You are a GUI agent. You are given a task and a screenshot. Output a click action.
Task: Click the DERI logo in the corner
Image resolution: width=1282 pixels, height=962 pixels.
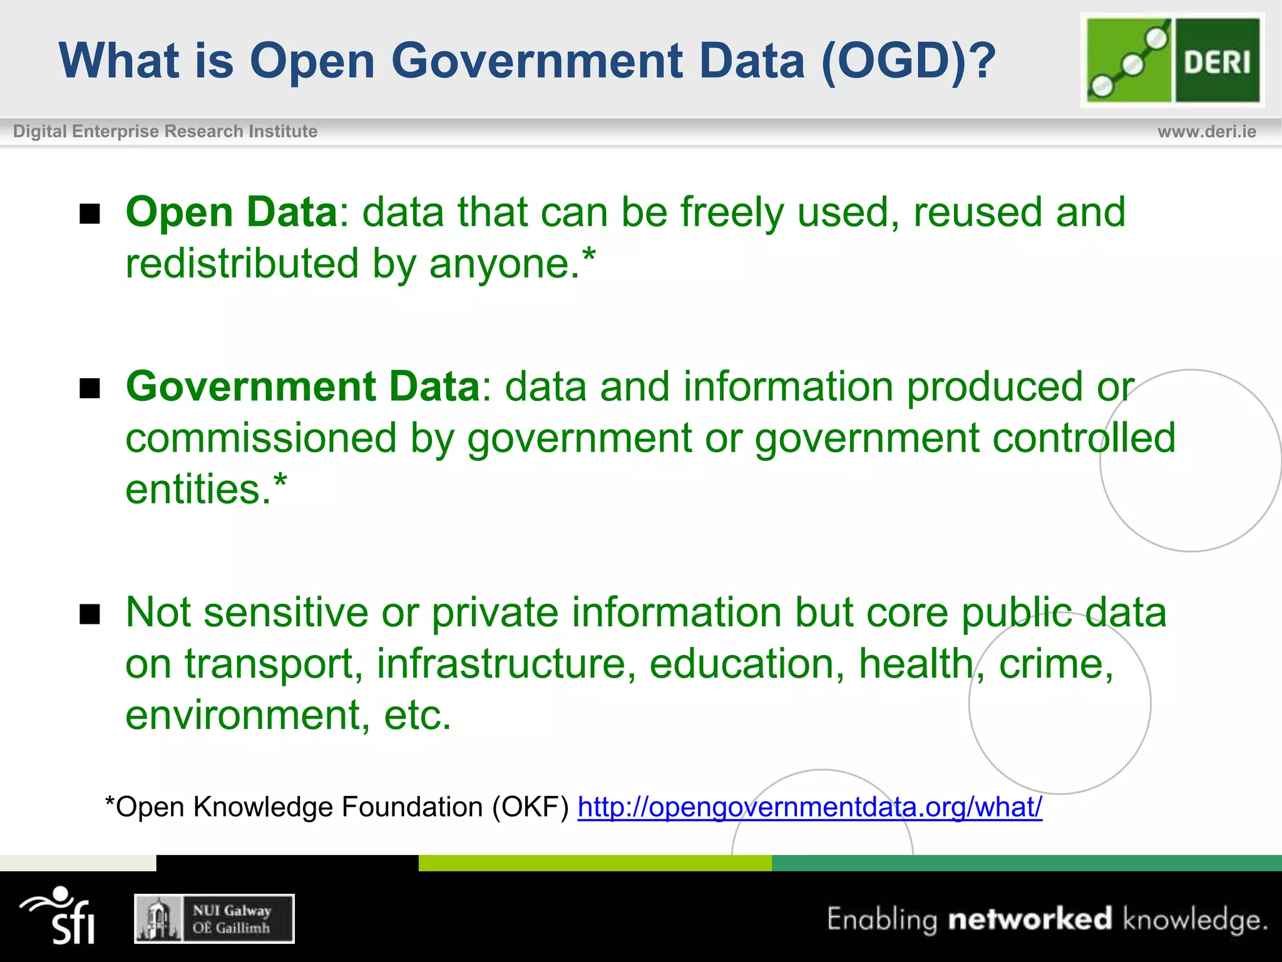point(1172,60)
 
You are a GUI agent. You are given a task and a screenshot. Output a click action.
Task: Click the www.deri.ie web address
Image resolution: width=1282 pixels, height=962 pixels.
point(1206,132)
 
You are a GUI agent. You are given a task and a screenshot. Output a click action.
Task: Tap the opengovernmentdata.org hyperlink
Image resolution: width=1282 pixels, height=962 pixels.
point(809,807)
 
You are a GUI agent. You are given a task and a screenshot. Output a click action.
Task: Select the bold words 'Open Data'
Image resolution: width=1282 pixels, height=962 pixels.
point(232,212)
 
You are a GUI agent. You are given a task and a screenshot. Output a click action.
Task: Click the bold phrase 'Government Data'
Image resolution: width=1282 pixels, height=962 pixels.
point(303,386)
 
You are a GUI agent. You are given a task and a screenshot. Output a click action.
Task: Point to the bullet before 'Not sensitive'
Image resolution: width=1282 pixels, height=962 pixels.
point(90,614)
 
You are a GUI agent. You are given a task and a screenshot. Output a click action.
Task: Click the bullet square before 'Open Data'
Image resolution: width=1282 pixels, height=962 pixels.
point(90,214)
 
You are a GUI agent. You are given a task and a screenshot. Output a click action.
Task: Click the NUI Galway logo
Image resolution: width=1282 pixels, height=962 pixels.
point(214,919)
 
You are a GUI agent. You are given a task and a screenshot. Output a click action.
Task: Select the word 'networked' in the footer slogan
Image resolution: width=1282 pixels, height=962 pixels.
point(1030,919)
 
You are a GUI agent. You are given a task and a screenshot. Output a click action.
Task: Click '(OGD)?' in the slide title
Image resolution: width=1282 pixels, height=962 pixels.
point(908,61)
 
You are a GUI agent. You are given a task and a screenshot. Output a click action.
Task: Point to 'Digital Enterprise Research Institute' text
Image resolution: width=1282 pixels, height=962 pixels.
point(165,132)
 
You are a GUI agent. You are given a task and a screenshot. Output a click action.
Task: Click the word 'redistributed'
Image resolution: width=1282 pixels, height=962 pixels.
point(242,264)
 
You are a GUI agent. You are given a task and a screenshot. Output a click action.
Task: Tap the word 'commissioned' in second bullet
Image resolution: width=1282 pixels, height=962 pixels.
point(261,438)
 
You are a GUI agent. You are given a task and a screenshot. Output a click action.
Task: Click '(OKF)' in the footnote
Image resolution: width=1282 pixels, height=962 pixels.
point(530,807)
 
